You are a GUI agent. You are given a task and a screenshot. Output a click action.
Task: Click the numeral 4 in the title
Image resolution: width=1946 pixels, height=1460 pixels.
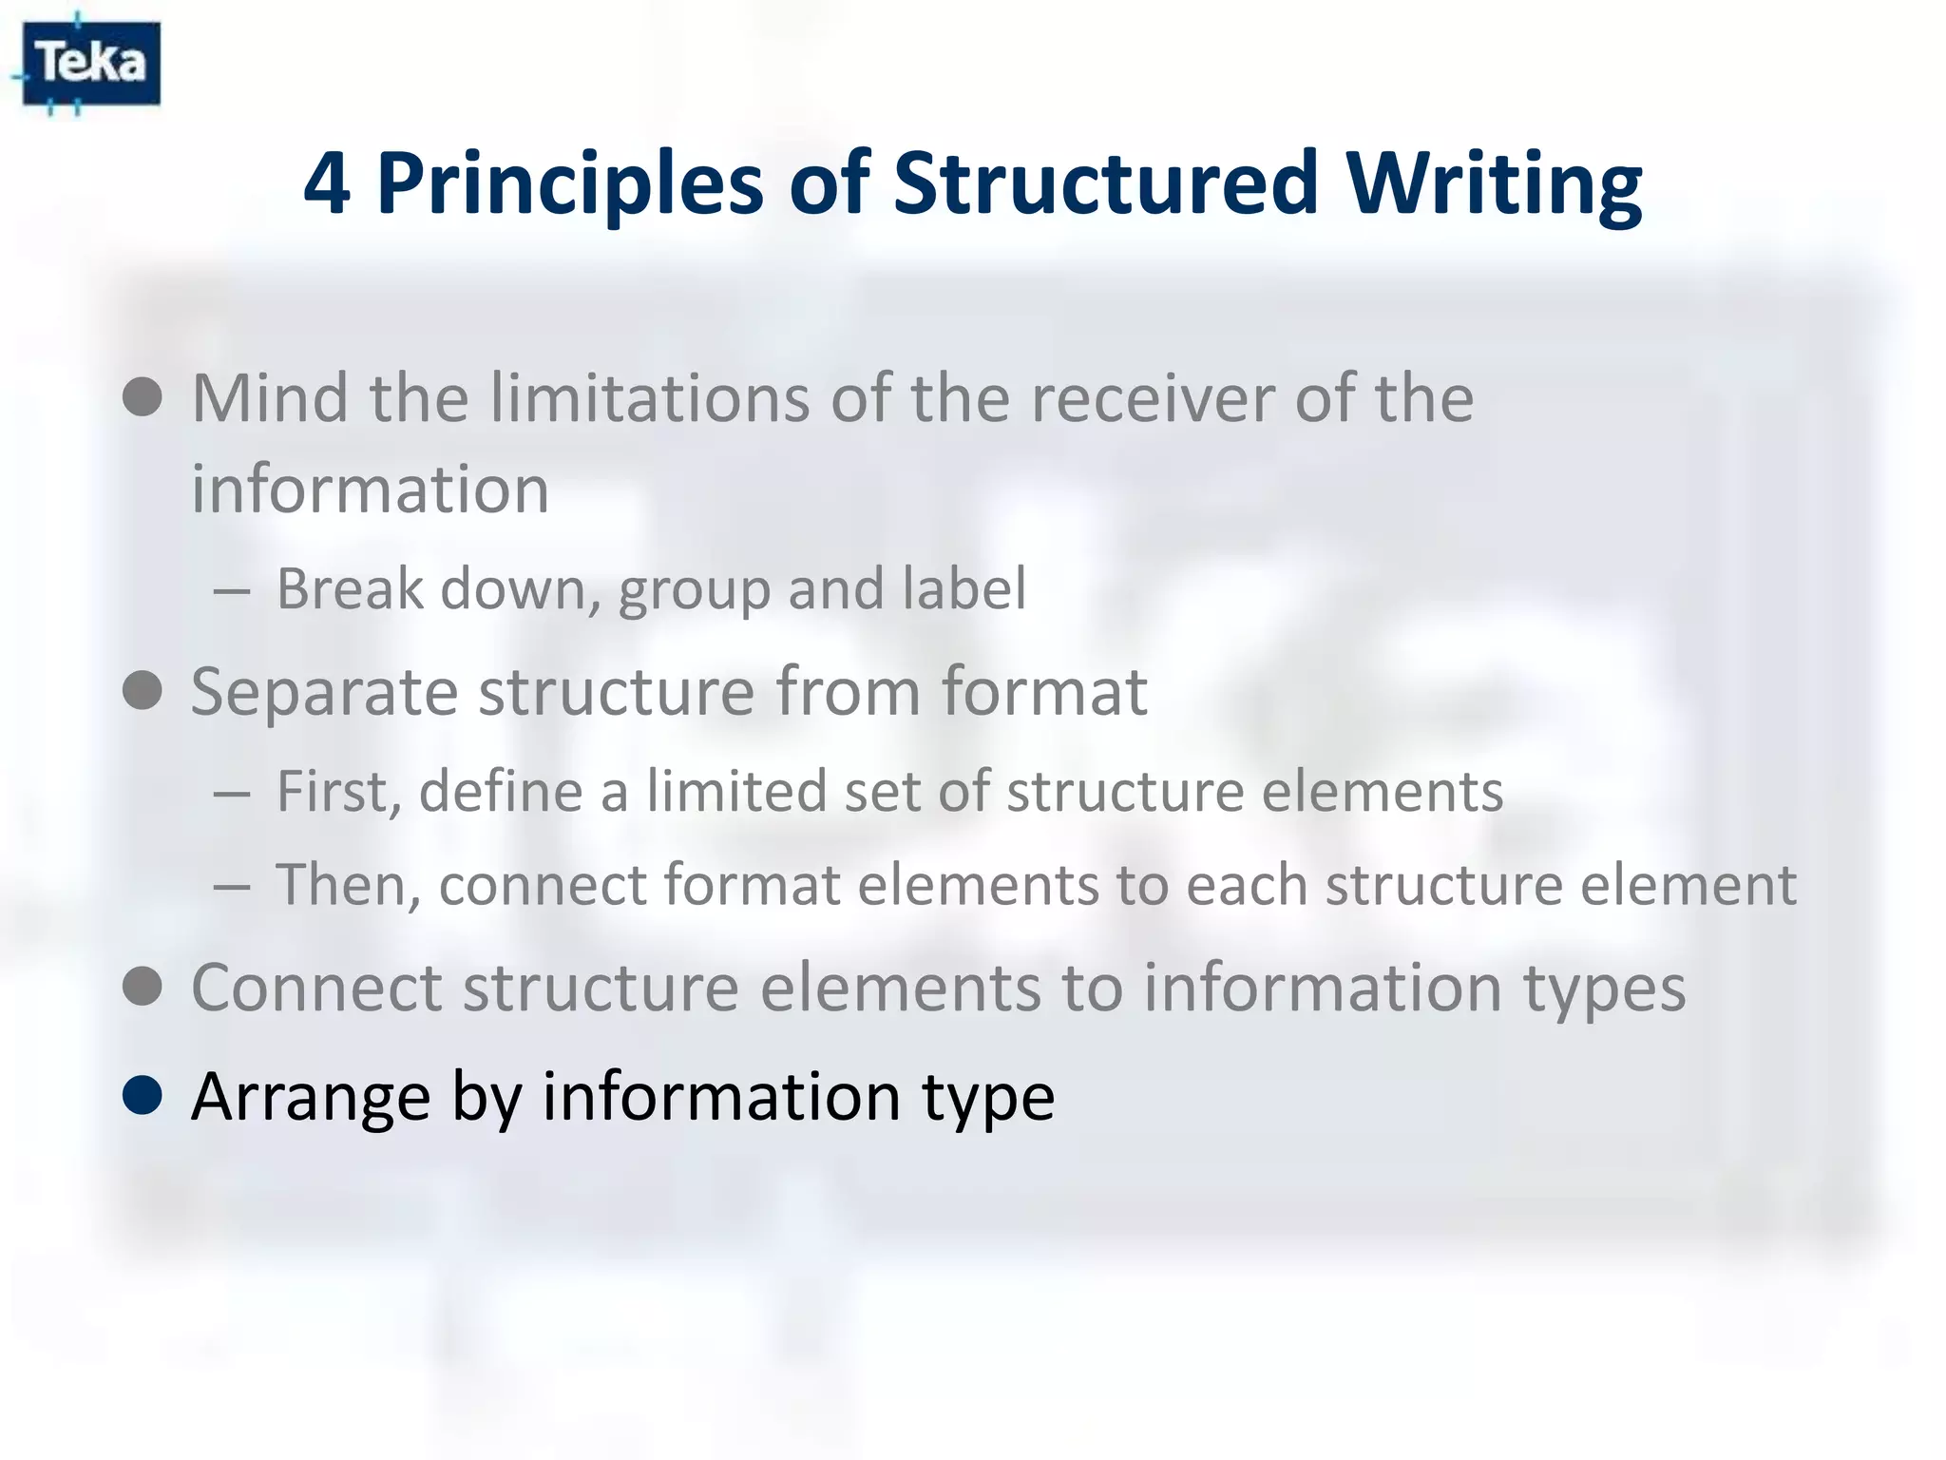coord(326,183)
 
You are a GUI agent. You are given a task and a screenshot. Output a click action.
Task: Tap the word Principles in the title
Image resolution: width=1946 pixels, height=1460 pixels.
coord(570,183)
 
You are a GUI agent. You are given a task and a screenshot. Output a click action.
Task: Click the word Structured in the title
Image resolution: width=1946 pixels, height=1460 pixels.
coord(1105,183)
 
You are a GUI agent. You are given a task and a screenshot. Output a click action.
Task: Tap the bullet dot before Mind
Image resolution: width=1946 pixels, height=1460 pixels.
coord(143,397)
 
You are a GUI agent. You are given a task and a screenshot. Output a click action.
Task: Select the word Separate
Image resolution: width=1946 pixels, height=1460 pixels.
coord(325,691)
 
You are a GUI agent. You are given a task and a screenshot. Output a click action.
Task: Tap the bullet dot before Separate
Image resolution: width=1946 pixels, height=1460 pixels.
coord(143,691)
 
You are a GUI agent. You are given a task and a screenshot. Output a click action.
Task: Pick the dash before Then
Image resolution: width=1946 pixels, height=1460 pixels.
coord(232,887)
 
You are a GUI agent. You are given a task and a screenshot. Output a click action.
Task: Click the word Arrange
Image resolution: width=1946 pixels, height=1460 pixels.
coord(310,1097)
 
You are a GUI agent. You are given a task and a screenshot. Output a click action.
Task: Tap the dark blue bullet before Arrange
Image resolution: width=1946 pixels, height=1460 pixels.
coord(143,1096)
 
